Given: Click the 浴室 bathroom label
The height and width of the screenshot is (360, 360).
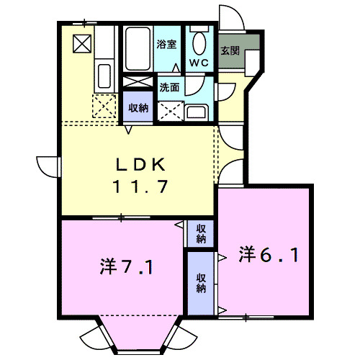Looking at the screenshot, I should click(x=167, y=44).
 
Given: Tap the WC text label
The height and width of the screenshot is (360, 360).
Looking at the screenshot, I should click(x=199, y=63).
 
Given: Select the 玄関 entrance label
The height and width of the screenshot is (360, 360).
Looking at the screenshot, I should click(x=230, y=51).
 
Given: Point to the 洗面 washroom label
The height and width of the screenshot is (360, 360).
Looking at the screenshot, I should click(x=169, y=88).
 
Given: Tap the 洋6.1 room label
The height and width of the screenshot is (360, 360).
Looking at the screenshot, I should click(x=269, y=254).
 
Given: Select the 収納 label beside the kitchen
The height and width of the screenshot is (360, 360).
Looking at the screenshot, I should click(x=138, y=108).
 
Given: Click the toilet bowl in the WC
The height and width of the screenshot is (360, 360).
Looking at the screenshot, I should click(x=199, y=41).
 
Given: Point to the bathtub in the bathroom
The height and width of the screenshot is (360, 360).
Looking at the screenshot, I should click(x=138, y=49).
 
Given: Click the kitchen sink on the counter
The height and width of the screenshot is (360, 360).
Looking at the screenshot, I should click(x=103, y=75).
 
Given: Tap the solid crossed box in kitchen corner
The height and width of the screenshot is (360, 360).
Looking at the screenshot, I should click(x=82, y=44).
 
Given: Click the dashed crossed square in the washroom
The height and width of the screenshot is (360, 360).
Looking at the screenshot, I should click(x=171, y=110).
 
